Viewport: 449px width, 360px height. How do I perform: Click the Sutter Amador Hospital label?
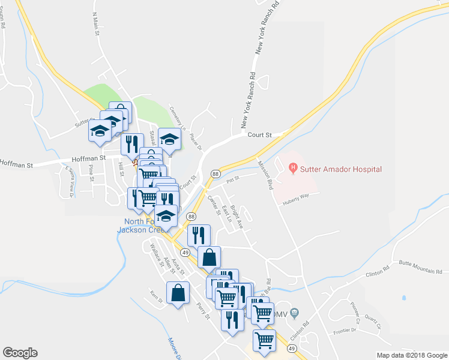(342, 169)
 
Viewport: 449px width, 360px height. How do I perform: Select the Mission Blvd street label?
(265, 174)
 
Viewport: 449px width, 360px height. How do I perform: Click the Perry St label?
(203, 311)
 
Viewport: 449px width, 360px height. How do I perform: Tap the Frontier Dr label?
(362, 331)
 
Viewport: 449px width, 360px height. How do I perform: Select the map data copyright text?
(411, 355)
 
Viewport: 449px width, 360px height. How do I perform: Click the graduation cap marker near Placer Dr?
(170, 139)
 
